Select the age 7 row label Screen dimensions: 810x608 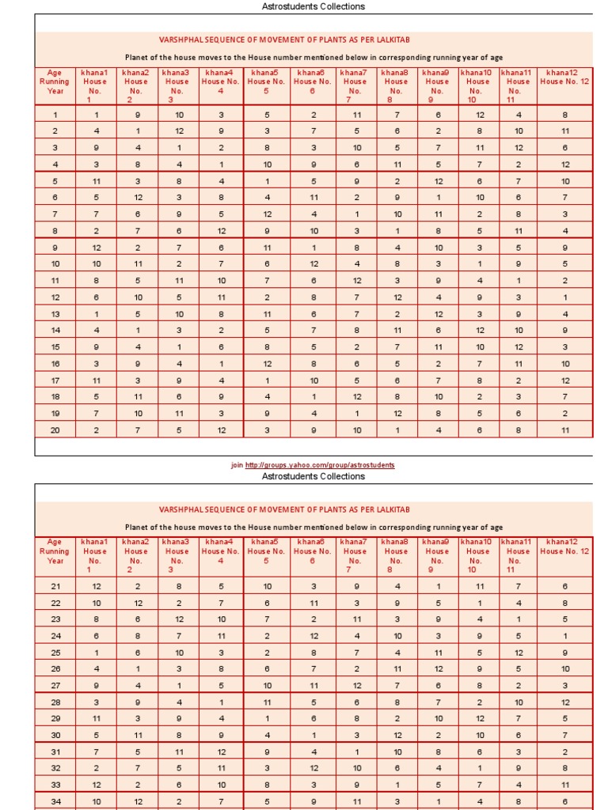pos(55,214)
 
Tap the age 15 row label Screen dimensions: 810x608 pos(55,346)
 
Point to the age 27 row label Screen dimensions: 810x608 pos(55,686)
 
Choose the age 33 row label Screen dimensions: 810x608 pos(55,785)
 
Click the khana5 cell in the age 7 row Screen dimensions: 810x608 pos(267,214)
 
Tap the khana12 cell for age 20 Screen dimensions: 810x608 pos(564,430)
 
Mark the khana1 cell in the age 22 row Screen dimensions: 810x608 pos(95,603)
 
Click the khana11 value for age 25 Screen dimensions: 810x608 pos(519,653)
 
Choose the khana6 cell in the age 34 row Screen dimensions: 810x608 pos(313,801)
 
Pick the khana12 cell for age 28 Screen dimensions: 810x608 pos(564,702)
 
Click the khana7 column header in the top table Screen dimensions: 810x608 pos(355,85)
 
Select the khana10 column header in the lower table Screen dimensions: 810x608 pos(477,555)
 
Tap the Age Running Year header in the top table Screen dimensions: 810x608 pos(55,81)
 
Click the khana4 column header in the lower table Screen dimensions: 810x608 pos(220,551)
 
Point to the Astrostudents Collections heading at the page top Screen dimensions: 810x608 pos(313,6)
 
